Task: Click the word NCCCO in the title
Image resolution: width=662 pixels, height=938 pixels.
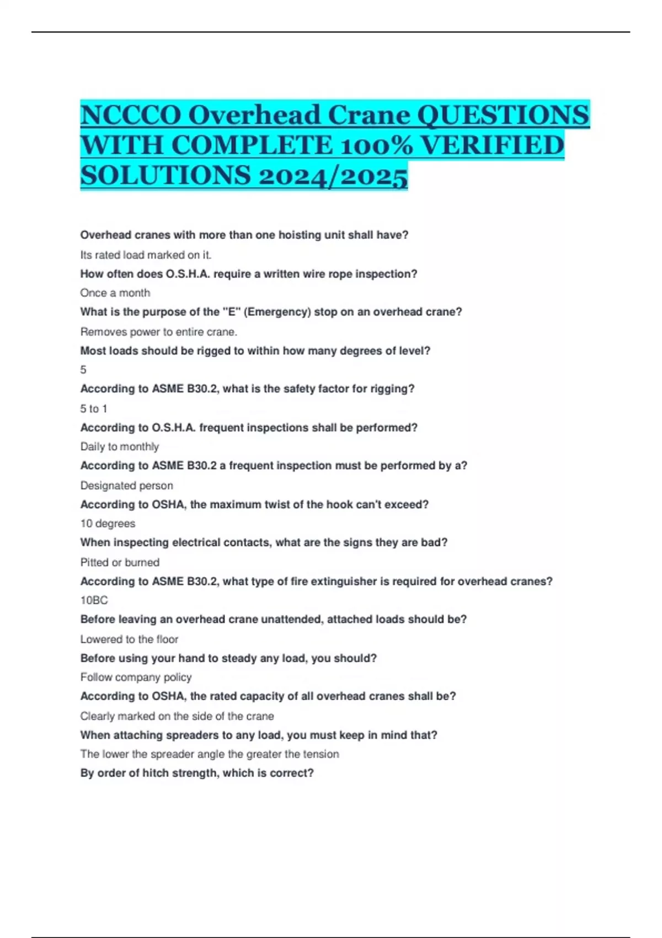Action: tap(131, 116)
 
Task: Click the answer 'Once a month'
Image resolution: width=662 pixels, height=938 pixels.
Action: tap(115, 293)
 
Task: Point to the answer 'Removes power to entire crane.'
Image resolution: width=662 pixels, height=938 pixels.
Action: tap(158, 332)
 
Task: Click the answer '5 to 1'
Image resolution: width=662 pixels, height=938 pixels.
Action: tap(94, 408)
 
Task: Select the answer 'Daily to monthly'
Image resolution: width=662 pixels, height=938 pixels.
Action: tap(119, 446)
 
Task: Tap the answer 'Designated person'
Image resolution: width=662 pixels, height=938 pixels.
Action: tap(126, 486)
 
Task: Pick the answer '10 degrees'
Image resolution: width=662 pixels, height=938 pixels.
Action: tap(108, 523)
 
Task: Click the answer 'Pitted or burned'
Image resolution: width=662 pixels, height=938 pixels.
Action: tap(120, 562)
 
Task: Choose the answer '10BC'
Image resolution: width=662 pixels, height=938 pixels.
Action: tap(94, 600)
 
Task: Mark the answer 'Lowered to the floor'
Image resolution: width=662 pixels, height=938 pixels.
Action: tap(129, 639)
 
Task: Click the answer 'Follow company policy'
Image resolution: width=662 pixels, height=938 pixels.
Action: tap(136, 677)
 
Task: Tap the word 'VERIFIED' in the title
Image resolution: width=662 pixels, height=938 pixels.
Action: tap(492, 146)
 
